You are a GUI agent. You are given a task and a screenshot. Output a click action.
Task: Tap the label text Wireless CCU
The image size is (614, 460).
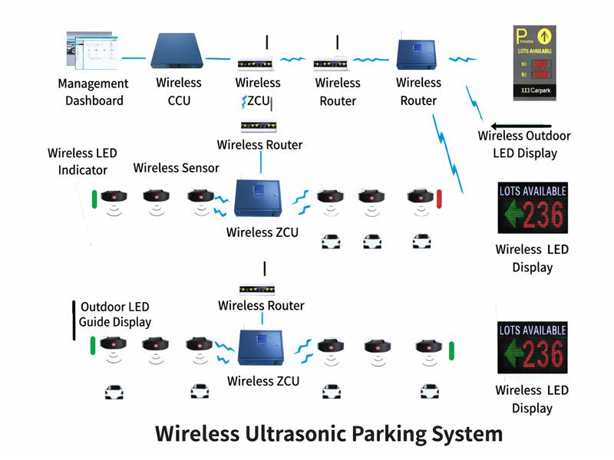(179, 91)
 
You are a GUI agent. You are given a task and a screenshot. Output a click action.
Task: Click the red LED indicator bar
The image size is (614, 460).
(440, 198)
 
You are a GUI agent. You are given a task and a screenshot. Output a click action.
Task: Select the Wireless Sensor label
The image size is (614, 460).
(176, 168)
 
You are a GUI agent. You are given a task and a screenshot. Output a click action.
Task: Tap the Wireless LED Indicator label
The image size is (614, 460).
(82, 161)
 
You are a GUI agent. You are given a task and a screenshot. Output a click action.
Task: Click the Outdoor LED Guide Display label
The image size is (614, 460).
(115, 314)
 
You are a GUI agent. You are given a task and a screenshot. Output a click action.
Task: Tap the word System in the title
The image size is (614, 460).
(468, 433)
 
